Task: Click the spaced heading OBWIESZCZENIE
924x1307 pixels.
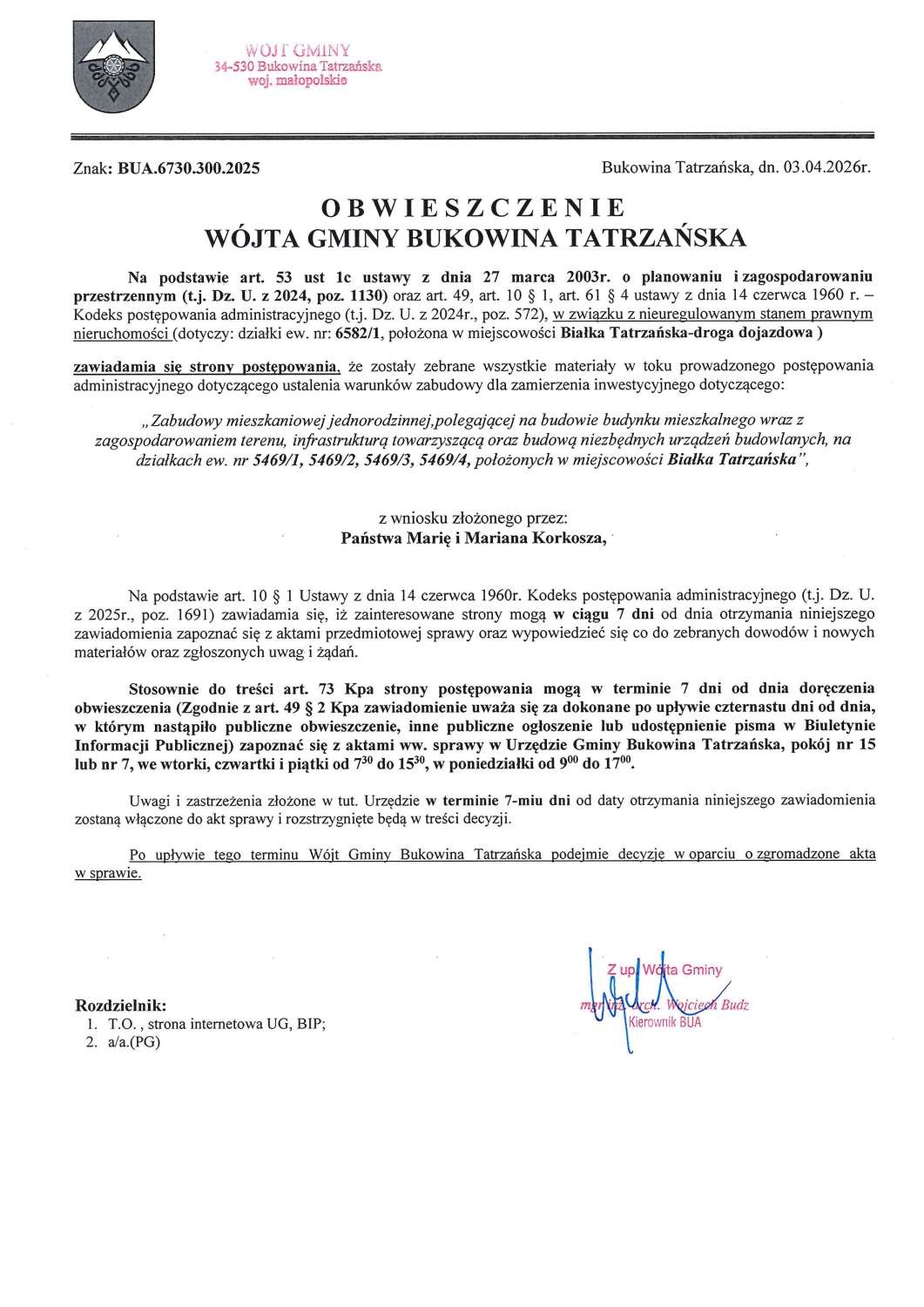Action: click(472, 208)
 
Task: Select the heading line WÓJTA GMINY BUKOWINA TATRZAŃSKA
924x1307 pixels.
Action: click(472, 237)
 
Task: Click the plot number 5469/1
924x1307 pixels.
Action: click(280, 463)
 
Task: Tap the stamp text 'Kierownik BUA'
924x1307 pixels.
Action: click(664, 1022)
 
